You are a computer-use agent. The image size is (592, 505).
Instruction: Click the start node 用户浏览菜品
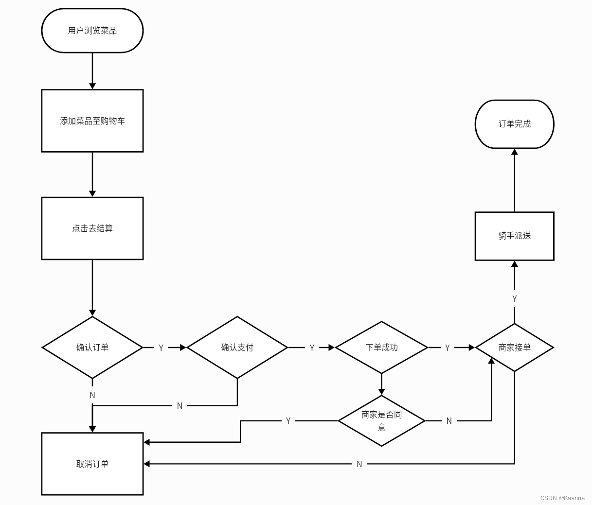(92, 31)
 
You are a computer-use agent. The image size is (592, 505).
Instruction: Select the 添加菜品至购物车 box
(92, 121)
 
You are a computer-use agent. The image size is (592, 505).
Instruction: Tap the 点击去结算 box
(92, 228)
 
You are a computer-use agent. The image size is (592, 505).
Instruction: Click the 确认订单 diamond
(92, 348)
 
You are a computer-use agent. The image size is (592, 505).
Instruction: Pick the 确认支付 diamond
(237, 348)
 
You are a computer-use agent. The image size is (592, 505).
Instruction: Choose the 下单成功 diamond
(381, 348)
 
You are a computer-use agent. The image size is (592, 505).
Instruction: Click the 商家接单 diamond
(514, 348)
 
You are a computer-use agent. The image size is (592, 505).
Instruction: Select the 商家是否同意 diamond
(381, 420)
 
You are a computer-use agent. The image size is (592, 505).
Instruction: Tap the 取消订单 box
(92, 464)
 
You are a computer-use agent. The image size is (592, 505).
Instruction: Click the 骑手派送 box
(514, 236)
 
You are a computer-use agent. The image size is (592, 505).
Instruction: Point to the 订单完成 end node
(514, 124)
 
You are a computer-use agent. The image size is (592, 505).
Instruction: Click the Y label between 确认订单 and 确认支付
(161, 348)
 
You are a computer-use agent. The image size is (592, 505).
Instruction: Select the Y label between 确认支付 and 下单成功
(312, 348)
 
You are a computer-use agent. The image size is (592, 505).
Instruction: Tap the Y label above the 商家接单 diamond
(514, 299)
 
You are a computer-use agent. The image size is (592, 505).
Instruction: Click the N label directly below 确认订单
(92, 395)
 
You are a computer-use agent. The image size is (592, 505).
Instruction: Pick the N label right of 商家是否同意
(449, 421)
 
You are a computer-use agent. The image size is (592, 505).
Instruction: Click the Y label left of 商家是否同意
(288, 421)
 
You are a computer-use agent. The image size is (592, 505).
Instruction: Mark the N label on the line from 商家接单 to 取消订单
(359, 464)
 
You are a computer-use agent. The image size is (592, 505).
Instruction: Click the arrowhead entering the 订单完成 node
(514, 152)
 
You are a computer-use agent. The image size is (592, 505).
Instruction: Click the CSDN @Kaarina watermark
(562, 498)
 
